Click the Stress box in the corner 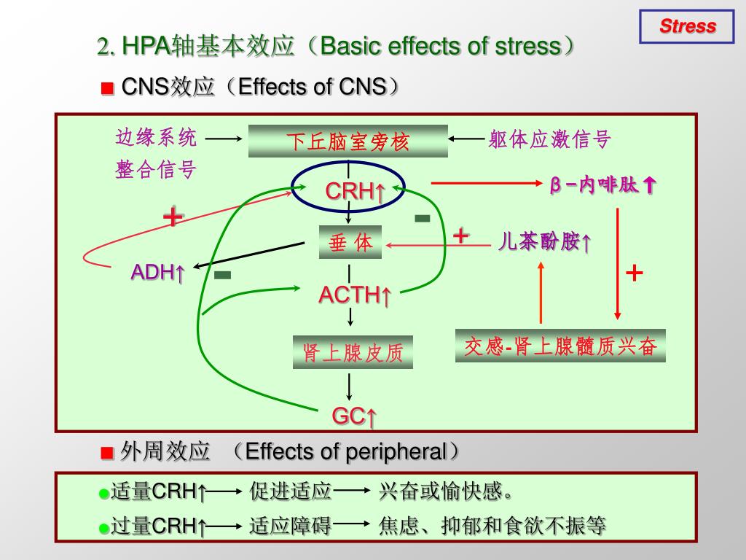point(687,27)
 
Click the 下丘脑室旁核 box point(348,141)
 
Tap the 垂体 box point(350,243)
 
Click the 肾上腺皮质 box point(353,352)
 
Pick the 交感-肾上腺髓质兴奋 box point(560,346)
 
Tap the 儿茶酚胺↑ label point(544,242)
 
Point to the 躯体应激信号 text point(549,139)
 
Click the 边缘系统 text point(156,137)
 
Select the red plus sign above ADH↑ point(173,217)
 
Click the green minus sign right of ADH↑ point(223,275)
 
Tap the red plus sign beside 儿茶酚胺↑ point(461,236)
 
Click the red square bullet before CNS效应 point(107,89)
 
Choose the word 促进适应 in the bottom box point(291,491)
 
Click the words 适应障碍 point(291,525)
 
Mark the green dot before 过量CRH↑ point(104,527)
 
